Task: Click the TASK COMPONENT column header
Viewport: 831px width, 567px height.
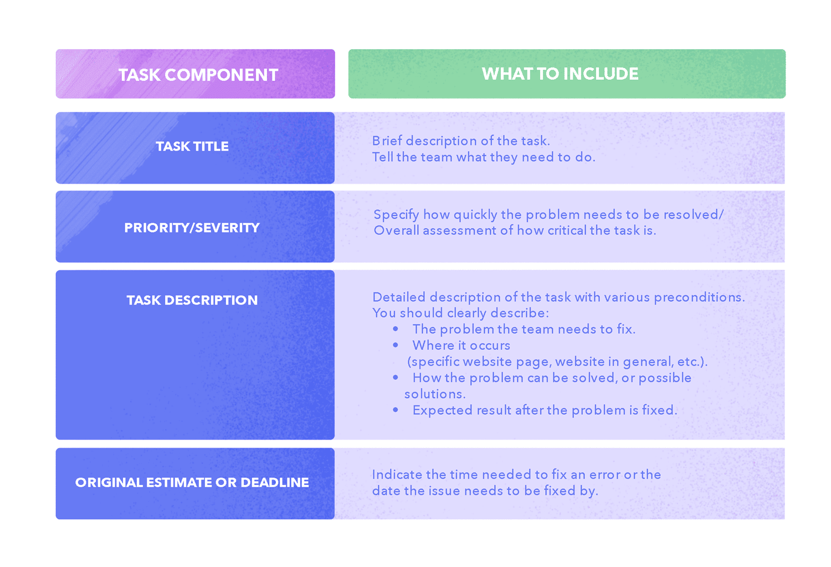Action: point(198,75)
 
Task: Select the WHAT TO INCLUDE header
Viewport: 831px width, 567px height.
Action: point(560,74)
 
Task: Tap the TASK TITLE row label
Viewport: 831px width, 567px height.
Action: point(192,146)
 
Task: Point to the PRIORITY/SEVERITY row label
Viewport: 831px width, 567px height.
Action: point(192,228)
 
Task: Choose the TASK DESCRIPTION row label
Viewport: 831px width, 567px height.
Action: point(192,300)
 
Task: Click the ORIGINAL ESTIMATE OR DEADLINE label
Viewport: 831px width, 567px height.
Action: point(192,482)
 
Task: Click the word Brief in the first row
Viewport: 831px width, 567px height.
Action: point(387,141)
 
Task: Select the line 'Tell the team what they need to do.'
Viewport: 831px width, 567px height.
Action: point(484,157)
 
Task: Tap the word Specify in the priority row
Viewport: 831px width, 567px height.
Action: point(396,215)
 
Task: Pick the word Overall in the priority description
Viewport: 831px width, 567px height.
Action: point(396,230)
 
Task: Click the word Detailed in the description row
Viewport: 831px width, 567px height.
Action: point(399,297)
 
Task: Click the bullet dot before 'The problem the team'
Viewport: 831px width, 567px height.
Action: point(396,328)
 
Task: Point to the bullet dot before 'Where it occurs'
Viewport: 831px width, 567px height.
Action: point(396,345)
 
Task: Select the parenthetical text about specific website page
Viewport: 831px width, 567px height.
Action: point(557,362)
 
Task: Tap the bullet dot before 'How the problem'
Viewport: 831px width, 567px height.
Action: point(396,378)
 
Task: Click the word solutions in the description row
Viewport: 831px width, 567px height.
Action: point(435,394)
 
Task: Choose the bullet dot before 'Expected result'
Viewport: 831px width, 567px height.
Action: point(396,410)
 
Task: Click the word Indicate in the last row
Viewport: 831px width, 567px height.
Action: point(397,475)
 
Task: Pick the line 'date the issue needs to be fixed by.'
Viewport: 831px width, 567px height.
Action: point(485,491)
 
